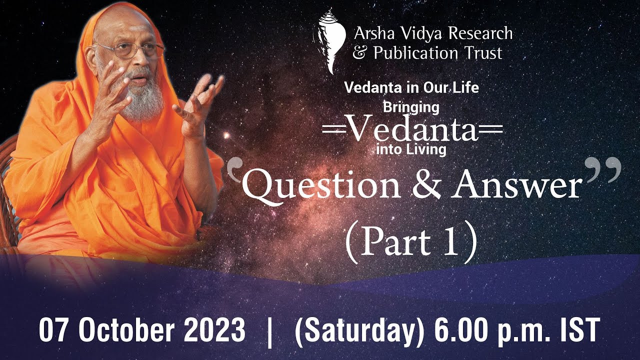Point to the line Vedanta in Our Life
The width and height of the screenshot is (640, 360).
pos(411,87)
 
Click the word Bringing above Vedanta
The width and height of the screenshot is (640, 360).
pos(411,106)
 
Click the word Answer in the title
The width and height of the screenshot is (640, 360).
pos(517,186)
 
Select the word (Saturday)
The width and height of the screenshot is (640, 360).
pos(359,330)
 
